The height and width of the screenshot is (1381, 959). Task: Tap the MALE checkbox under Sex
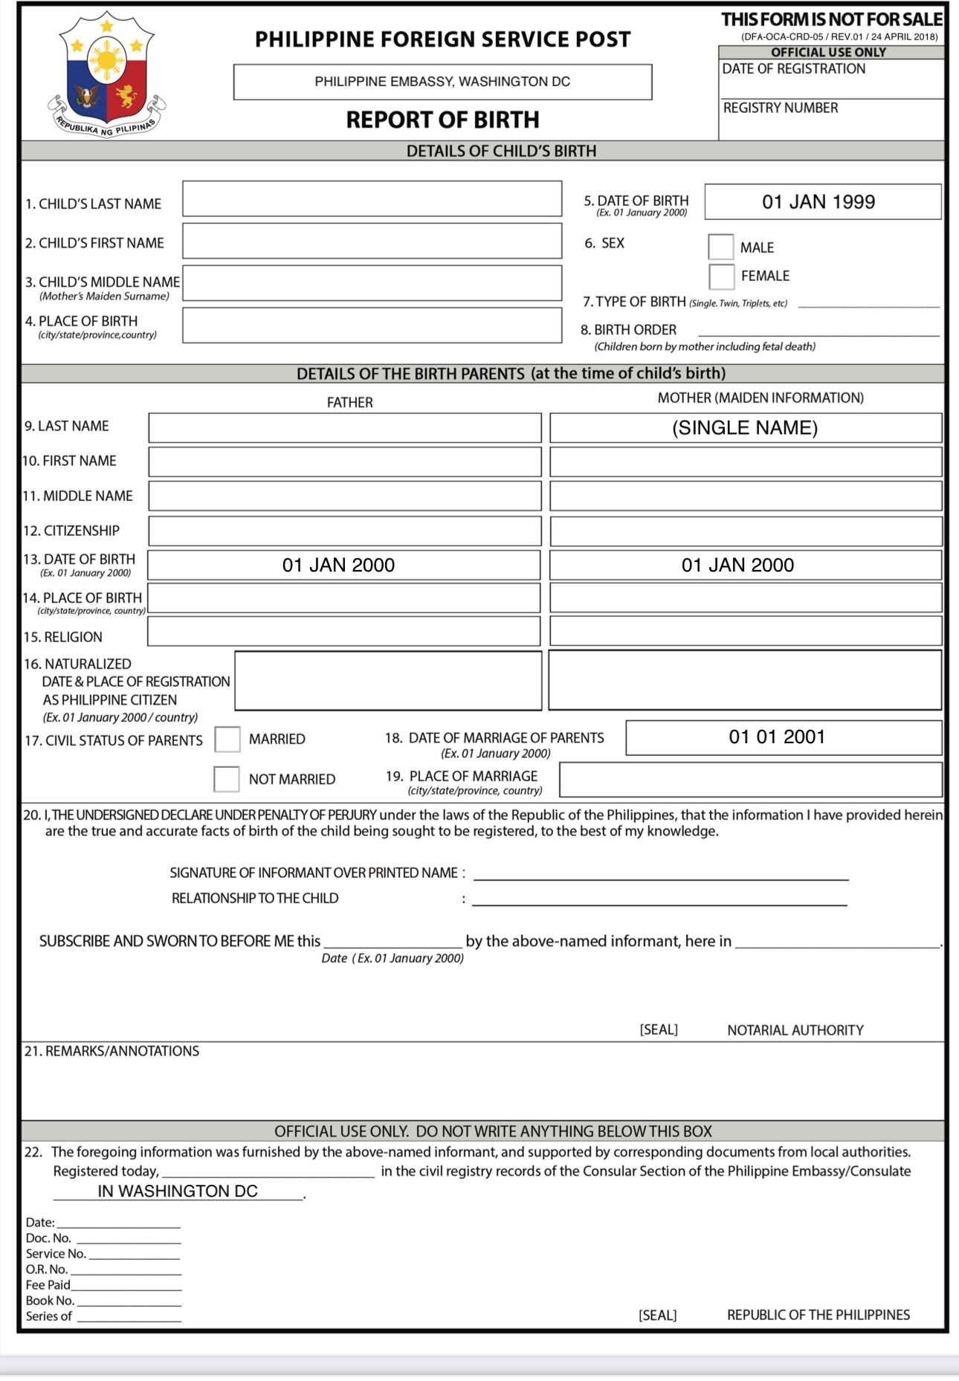point(721,247)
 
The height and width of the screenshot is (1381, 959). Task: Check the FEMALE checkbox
point(721,276)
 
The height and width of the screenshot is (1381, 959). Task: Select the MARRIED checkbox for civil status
point(227,740)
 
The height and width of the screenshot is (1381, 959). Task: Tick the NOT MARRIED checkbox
point(227,779)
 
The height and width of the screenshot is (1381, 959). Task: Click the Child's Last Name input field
point(372,199)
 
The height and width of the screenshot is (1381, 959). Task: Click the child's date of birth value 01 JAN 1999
point(818,202)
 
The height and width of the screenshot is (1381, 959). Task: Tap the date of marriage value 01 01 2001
point(777,737)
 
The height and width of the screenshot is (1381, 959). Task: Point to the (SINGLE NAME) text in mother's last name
point(745,428)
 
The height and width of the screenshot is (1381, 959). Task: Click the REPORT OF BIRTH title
point(442,120)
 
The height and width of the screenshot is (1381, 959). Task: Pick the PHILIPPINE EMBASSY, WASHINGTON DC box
point(442,82)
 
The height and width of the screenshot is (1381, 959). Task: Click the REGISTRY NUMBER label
point(781,108)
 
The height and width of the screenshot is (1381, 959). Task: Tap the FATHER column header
point(349,402)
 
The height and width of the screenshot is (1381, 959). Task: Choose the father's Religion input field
point(343,632)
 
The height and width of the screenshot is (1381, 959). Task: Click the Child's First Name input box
point(372,242)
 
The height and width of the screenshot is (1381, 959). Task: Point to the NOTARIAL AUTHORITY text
point(795,1030)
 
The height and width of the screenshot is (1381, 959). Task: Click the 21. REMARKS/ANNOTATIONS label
point(112,1051)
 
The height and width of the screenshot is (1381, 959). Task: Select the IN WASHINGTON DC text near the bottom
point(178,1191)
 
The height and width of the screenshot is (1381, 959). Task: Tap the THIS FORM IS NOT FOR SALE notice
point(831,19)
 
